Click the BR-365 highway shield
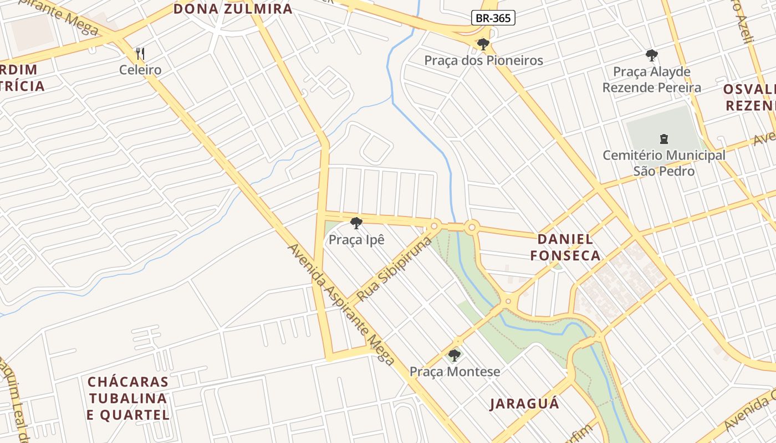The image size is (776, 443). (x=493, y=18)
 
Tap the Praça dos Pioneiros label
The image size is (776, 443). (x=483, y=60)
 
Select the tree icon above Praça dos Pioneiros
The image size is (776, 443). (x=483, y=44)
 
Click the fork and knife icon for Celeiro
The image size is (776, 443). (x=140, y=54)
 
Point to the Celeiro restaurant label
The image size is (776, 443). (x=140, y=70)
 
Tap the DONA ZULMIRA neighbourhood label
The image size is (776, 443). (x=233, y=9)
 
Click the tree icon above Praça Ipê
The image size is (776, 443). (x=356, y=223)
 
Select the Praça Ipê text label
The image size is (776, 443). (x=356, y=240)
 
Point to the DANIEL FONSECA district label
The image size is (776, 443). (x=565, y=247)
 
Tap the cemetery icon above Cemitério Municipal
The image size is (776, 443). (x=663, y=138)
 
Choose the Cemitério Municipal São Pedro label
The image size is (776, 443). (x=663, y=163)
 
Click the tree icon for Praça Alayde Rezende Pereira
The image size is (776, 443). (x=652, y=55)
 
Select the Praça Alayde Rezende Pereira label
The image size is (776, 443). (x=652, y=80)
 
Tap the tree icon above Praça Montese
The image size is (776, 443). (x=455, y=355)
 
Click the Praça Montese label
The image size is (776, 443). (x=455, y=372)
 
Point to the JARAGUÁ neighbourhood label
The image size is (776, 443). (x=524, y=404)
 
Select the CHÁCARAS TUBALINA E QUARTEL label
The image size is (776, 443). (x=128, y=398)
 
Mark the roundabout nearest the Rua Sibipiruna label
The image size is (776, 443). (x=435, y=226)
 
